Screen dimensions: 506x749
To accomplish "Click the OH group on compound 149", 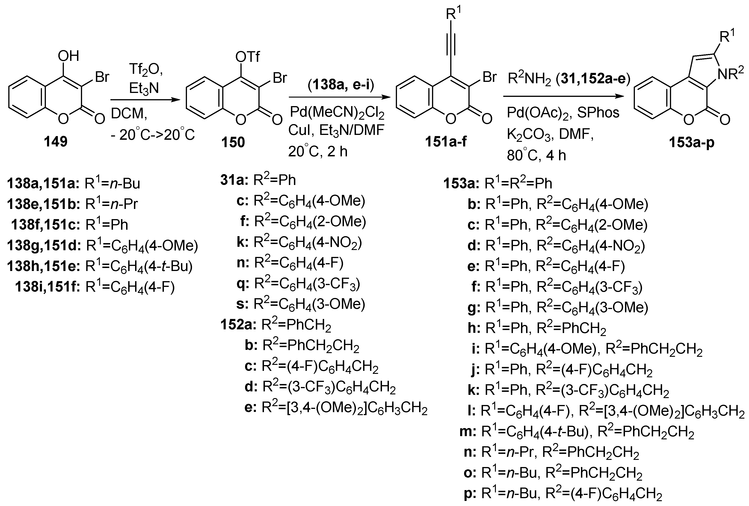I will [x=68, y=56].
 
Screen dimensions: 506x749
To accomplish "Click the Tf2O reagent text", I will [x=146, y=69].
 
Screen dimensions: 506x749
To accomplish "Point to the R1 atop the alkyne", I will [x=453, y=14].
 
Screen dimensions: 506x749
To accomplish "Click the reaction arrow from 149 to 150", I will [x=145, y=100].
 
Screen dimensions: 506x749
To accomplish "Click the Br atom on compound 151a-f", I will [x=489, y=77].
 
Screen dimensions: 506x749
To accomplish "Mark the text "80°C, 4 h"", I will [x=536, y=155].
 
